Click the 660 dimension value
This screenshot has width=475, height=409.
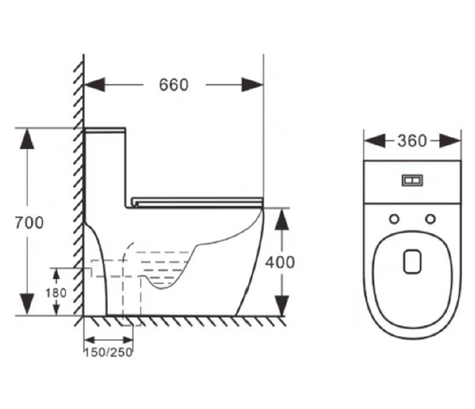(x=174, y=85)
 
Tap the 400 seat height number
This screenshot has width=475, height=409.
(x=280, y=262)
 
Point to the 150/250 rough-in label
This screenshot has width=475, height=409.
(x=109, y=352)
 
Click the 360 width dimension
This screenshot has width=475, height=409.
(x=412, y=141)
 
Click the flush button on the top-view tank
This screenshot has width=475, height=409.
(x=413, y=181)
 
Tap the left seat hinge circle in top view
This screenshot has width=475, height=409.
(x=394, y=219)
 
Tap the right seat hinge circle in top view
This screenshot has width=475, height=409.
(x=430, y=219)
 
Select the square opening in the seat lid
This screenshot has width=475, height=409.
(x=412, y=261)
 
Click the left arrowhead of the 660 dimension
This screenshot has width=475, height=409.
(x=95, y=85)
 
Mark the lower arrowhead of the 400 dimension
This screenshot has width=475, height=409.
(x=280, y=303)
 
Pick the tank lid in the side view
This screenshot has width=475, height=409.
(x=105, y=130)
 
